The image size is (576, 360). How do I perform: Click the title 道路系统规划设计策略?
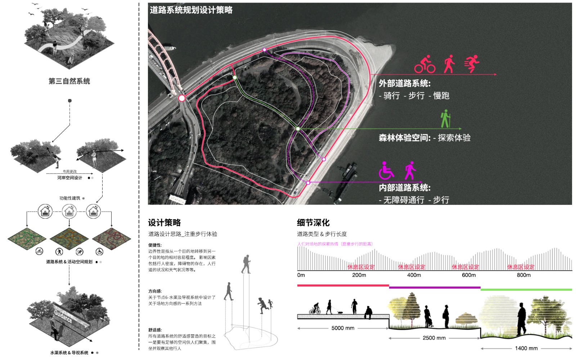coord(191,10)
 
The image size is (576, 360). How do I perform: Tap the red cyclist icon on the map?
coord(424,64)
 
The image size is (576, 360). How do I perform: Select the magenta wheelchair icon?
coord(386,171)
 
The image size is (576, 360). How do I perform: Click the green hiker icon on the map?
coord(446,119)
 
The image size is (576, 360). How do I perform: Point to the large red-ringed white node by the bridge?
coord(182,98)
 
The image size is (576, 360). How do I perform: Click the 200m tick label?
coord(359,275)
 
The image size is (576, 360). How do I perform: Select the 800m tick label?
coord(523,275)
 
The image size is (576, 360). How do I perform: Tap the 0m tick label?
coord(301,275)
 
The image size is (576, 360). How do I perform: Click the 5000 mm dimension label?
coord(343,328)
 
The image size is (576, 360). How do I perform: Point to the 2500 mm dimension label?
coord(434,338)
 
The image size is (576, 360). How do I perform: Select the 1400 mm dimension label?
coord(526,348)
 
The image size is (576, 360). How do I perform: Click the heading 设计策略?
coord(165,222)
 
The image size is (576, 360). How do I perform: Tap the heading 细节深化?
coord(313,222)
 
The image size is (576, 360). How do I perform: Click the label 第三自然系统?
coord(69,81)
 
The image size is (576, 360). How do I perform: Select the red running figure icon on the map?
coord(472,64)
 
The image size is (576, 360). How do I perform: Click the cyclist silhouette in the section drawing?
coord(315,309)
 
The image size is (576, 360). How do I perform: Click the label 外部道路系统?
coord(405,84)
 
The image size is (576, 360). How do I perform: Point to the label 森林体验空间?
coord(405,138)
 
